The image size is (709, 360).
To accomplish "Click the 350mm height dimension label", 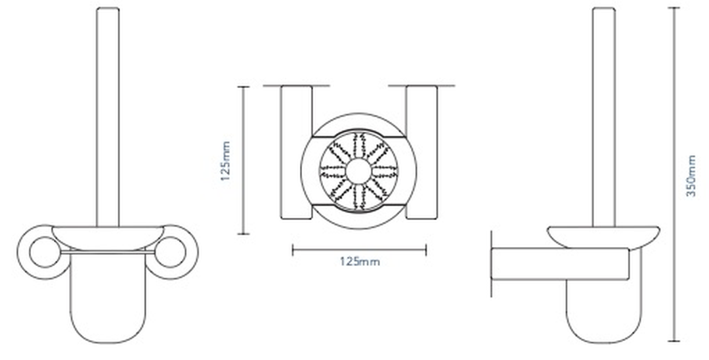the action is pyautogui.click(x=691, y=175).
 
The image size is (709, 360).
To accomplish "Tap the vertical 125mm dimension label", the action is pyautogui.click(x=226, y=161).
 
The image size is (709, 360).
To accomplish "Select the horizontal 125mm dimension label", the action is pyautogui.click(x=360, y=261).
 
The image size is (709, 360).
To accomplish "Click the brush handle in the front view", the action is pyautogui.click(x=108, y=117).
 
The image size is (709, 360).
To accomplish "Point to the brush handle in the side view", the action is pyautogui.click(x=604, y=117).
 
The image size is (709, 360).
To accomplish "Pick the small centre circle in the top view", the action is pyautogui.click(x=358, y=171).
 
